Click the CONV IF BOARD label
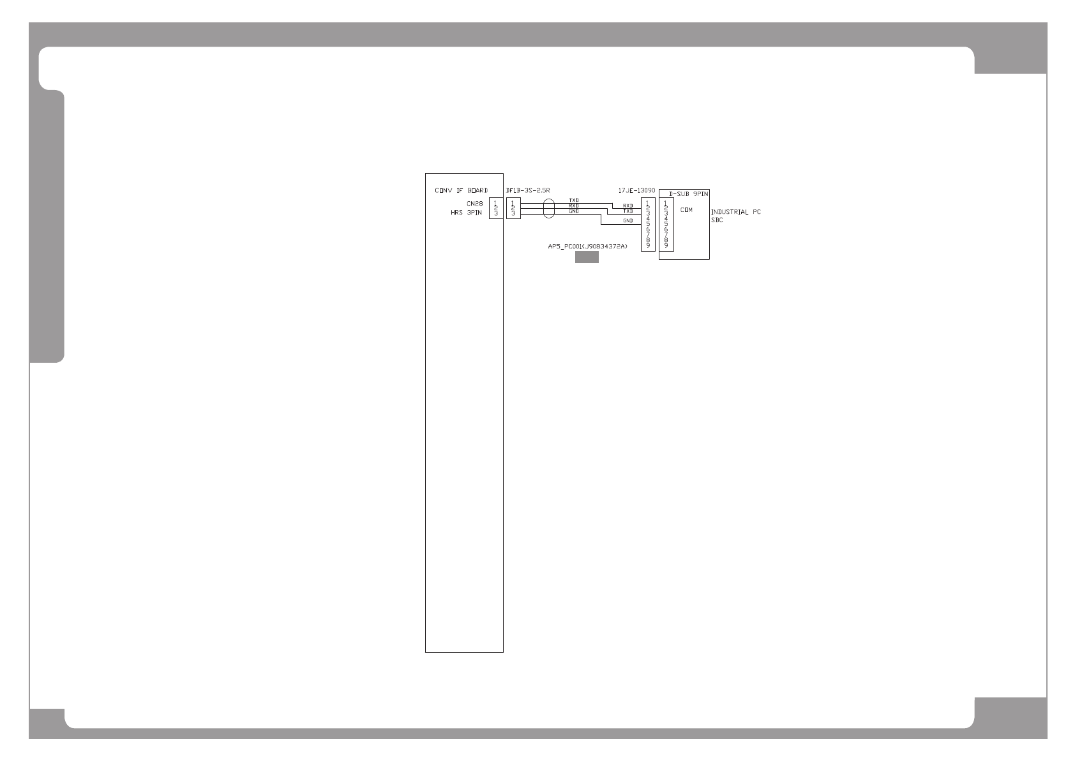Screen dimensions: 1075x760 461,190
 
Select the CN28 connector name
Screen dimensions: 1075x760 474,203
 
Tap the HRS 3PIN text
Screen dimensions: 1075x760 466,213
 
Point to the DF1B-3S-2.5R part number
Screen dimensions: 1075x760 527,190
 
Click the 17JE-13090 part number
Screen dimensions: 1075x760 636,190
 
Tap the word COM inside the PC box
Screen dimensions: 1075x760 686,209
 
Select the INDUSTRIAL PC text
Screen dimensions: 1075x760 735,212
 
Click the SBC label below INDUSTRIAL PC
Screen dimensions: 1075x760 717,220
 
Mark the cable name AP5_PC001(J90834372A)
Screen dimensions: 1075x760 584,246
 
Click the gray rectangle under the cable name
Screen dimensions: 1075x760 587,257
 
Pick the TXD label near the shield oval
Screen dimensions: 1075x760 574,201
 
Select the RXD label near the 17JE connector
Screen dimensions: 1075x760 628,205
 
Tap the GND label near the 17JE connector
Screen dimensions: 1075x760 628,220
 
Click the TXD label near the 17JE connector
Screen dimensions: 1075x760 628,211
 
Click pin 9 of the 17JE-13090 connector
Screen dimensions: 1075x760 648,246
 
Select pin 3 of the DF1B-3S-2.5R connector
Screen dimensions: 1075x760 513,213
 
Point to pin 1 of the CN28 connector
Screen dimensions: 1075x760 496,203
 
